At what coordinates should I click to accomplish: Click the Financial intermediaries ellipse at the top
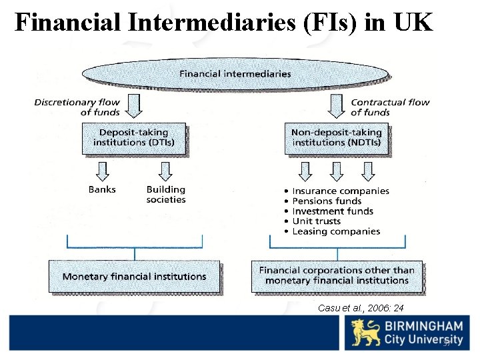[x=235, y=73]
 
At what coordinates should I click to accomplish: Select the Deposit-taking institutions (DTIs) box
[x=134, y=137]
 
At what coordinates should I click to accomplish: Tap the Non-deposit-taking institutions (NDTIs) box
[x=336, y=137]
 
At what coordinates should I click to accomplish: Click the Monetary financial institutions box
[x=134, y=276]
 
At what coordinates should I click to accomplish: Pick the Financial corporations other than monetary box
[x=336, y=275]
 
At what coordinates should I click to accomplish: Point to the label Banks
[x=102, y=189]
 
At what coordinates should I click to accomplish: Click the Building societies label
[x=166, y=194]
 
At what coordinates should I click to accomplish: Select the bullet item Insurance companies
[x=340, y=191]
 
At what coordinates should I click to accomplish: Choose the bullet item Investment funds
[x=333, y=211]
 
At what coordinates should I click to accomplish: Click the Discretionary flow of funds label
[x=77, y=107]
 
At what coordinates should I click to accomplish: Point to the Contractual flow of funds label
[x=390, y=107]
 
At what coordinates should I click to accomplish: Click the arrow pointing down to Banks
[x=102, y=171]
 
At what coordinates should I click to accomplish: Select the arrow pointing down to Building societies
[x=166, y=171]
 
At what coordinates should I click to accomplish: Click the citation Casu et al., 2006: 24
[x=361, y=307]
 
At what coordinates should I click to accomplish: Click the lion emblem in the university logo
[x=366, y=333]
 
